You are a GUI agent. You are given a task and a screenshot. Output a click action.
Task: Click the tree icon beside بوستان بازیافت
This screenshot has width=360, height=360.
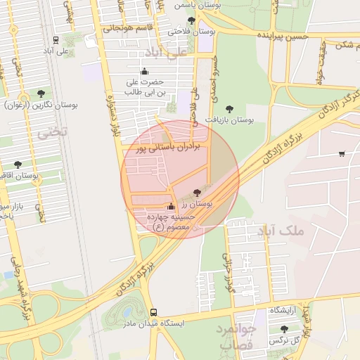229,109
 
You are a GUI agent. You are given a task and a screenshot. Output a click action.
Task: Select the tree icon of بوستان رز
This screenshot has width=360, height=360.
197,191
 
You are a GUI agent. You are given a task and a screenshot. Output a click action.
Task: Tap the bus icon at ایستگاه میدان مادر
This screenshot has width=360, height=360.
153,313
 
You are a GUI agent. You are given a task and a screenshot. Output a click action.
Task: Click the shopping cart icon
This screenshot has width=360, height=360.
341,154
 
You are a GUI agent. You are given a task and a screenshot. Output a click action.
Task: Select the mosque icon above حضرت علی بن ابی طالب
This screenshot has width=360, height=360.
145,71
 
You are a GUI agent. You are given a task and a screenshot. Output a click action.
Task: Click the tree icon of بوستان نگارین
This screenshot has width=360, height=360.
42,93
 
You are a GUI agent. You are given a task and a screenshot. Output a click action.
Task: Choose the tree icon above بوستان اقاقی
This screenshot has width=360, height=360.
18,165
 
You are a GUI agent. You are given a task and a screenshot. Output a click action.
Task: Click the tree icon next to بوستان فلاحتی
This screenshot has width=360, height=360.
191,20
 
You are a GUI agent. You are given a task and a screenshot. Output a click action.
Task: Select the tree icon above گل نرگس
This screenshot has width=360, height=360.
284,329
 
